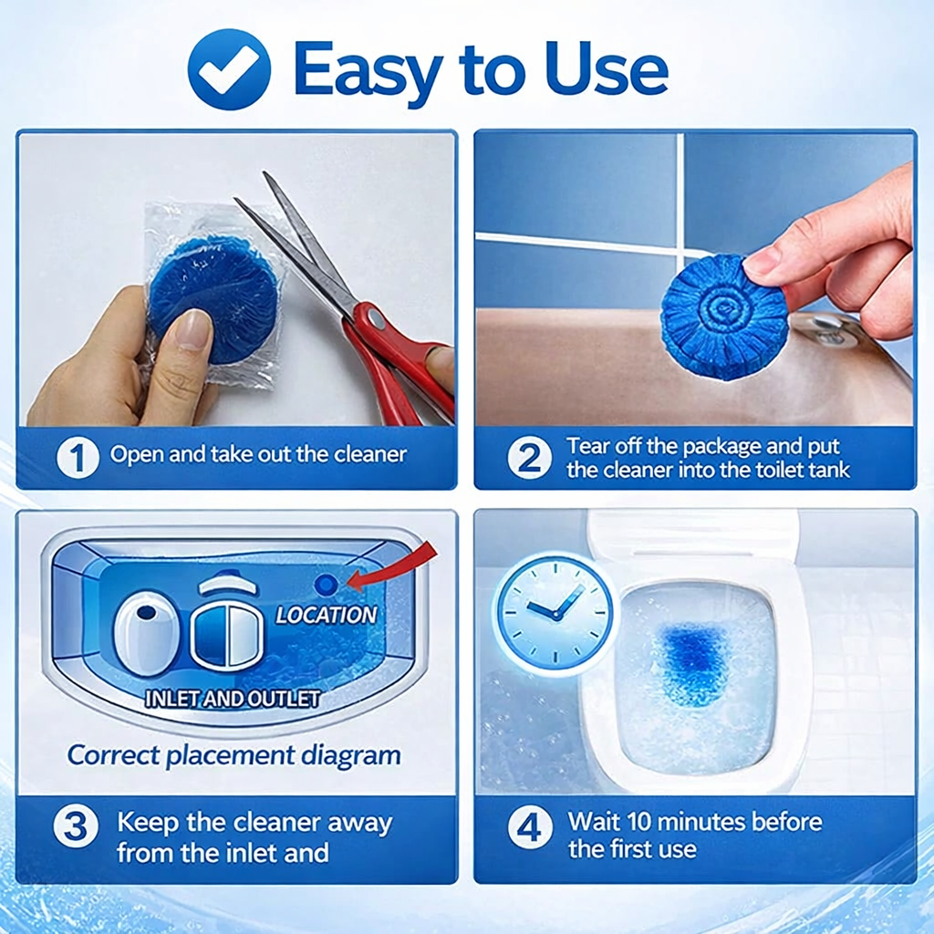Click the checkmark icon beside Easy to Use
pyautogui.click(x=229, y=69)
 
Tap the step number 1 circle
pyautogui.click(x=78, y=456)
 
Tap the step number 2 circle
pyautogui.click(x=530, y=458)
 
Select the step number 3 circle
pyautogui.click(x=76, y=827)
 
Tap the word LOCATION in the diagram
pyautogui.click(x=327, y=615)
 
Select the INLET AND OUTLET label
pyautogui.click(x=233, y=700)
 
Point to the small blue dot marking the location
pyautogui.click(x=325, y=585)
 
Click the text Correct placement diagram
pyautogui.click(x=233, y=755)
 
